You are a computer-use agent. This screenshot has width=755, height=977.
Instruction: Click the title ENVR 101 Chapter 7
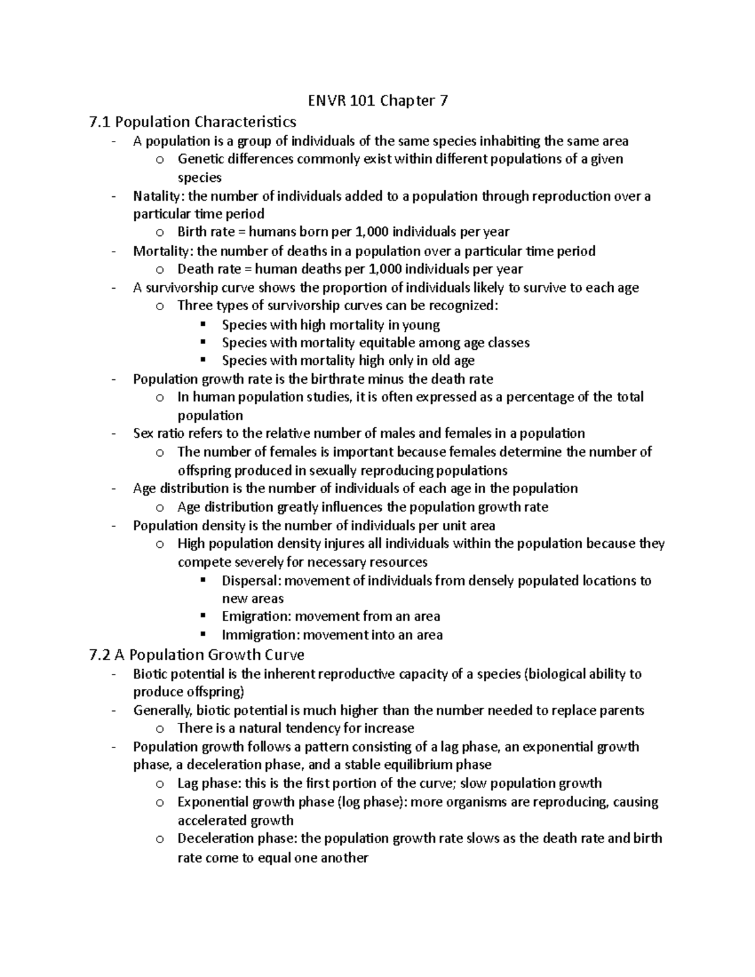pyautogui.click(x=377, y=101)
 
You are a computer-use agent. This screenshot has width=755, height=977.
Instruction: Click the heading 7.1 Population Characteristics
pyautogui.click(x=193, y=121)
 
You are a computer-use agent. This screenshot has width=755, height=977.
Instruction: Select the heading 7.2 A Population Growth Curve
pyautogui.click(x=197, y=655)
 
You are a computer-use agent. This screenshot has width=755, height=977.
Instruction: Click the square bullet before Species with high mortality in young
pyautogui.click(x=203, y=325)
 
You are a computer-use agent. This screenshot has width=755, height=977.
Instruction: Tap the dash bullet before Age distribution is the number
pyautogui.click(x=113, y=489)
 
